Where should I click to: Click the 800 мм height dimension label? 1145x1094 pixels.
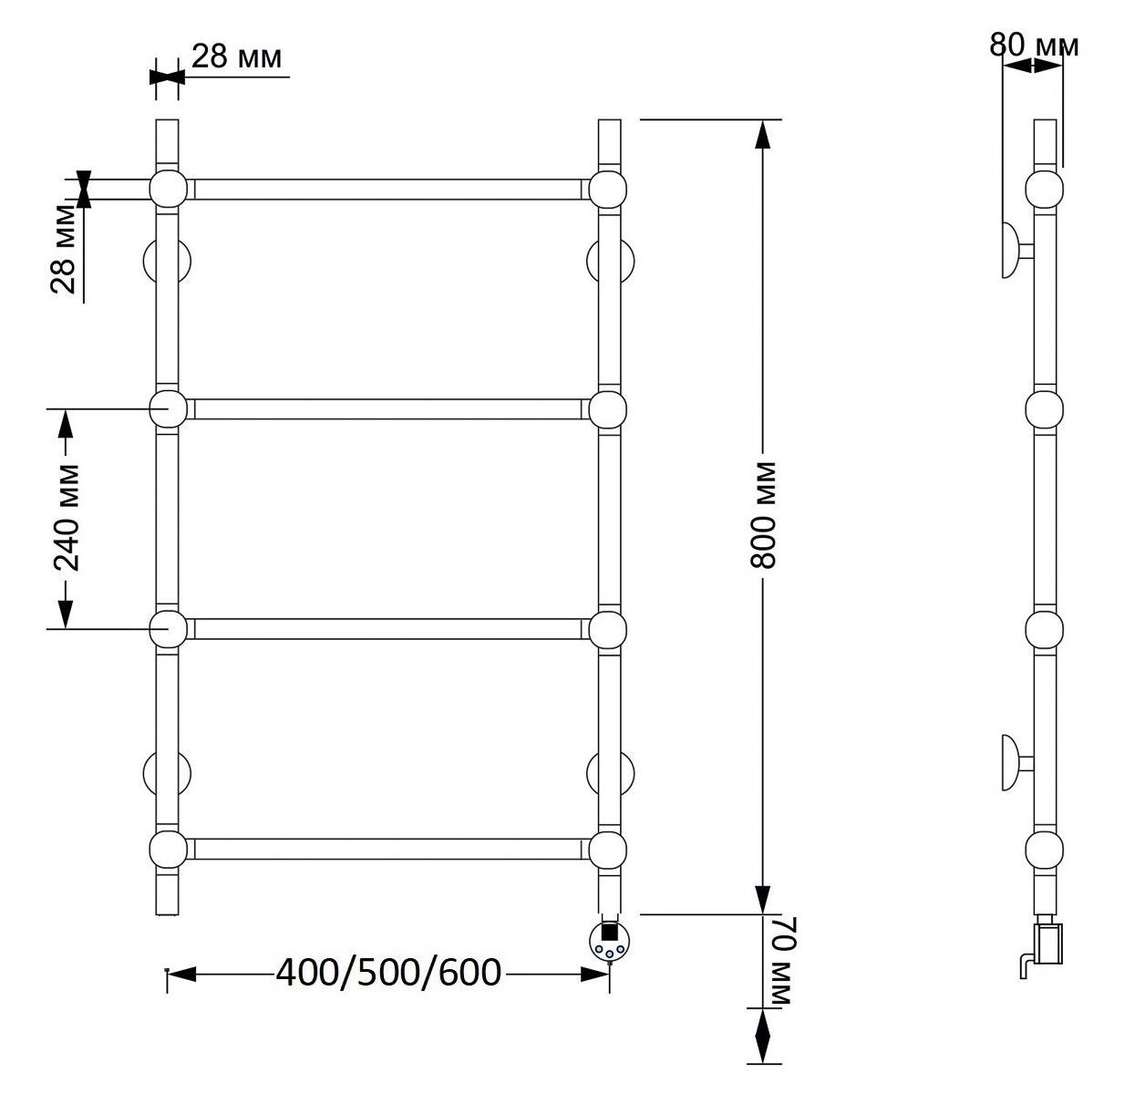tap(764, 515)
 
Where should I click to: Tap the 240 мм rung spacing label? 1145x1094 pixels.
tap(67, 518)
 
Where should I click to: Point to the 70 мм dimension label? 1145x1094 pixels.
tap(781, 960)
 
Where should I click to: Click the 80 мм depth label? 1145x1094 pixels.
tap(1034, 46)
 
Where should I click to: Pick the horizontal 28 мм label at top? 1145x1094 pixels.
tap(236, 57)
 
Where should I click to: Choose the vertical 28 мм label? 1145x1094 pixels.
tap(63, 248)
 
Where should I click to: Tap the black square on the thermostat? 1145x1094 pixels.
tap(608, 932)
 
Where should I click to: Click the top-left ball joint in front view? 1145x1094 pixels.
tap(168, 189)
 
